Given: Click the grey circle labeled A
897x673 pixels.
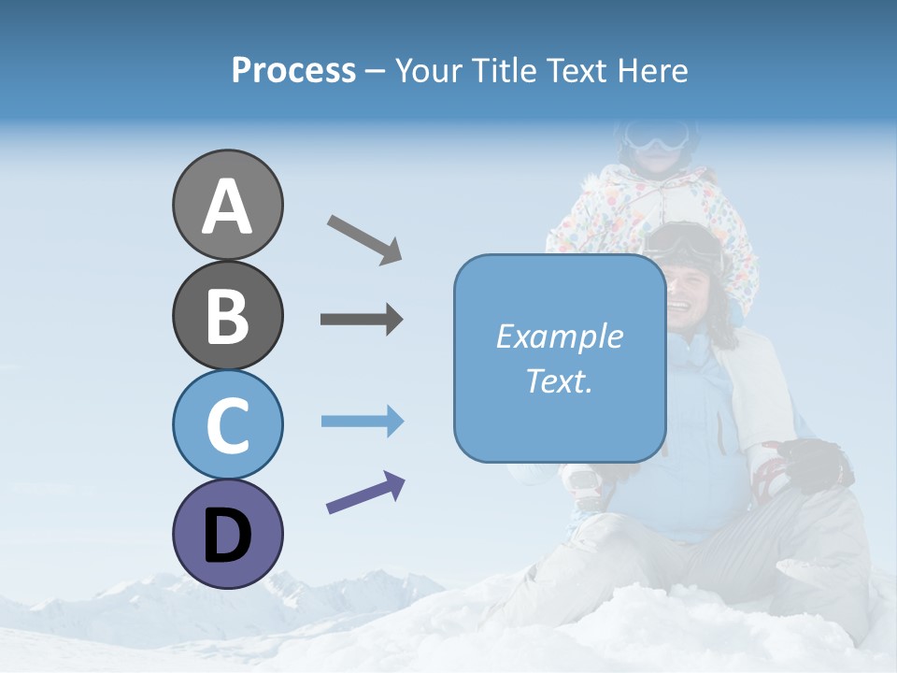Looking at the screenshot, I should pos(227,205).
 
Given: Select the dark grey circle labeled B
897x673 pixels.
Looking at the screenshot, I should pos(227,315).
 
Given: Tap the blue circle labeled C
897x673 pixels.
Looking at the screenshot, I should pos(227,424).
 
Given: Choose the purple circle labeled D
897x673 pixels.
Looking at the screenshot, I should pos(227,534).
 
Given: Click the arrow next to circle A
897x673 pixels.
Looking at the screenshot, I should pos(364,238).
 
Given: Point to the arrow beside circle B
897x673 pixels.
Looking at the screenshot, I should pos(362,320).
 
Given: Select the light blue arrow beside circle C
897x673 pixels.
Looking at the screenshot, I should pos(362,422).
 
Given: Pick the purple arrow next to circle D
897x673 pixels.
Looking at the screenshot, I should pos(365,493).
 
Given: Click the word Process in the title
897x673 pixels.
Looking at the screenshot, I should pos(293,71).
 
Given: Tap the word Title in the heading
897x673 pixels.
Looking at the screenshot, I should pos(505,71).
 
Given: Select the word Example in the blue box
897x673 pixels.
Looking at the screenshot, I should pos(559,336).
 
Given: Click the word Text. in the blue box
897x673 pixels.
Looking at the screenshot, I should pos(559,380).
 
